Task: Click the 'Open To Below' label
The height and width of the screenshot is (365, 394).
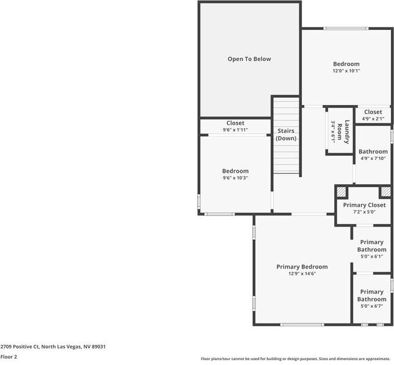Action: click(249, 59)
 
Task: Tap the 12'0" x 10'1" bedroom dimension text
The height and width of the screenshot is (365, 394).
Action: click(346, 71)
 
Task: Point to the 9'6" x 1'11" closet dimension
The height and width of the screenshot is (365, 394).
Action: click(235, 130)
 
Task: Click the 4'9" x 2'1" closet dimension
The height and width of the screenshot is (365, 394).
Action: click(373, 119)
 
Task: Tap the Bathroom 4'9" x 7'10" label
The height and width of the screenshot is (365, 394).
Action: click(373, 155)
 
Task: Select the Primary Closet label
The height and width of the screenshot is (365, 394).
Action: click(364, 205)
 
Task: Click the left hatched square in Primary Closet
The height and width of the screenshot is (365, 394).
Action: click(341, 192)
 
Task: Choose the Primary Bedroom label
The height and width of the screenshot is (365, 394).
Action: click(302, 267)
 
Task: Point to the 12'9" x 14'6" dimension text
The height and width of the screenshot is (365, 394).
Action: click(302, 274)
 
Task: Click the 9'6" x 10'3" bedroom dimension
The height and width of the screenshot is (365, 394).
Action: click(235, 178)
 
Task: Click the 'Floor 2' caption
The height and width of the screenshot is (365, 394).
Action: click(9, 356)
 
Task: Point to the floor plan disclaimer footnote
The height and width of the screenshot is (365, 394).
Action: click(296, 358)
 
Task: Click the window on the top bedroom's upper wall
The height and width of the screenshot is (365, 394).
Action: click(346, 28)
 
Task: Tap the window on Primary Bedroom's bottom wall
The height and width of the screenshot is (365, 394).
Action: click(302, 324)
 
